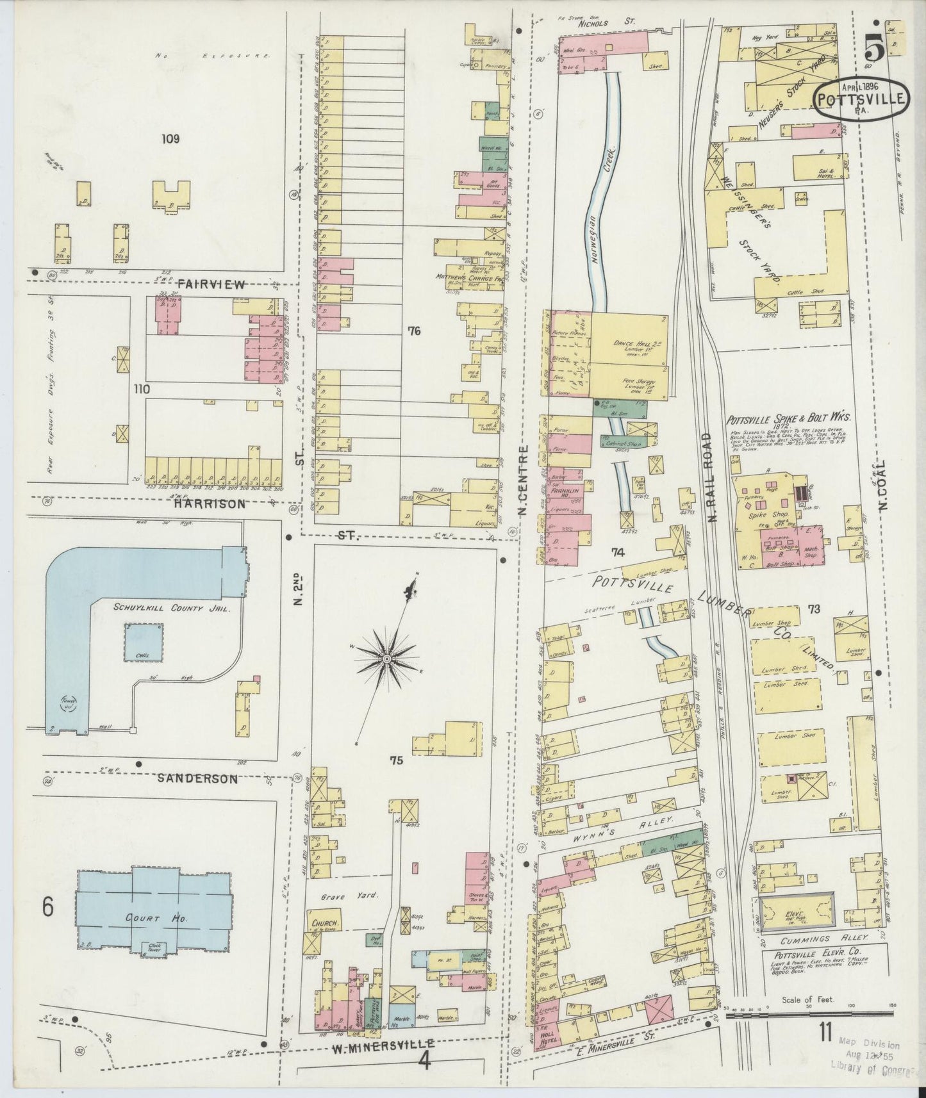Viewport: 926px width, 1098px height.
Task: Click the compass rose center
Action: (x=387, y=659)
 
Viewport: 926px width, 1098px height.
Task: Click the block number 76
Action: (x=413, y=331)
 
